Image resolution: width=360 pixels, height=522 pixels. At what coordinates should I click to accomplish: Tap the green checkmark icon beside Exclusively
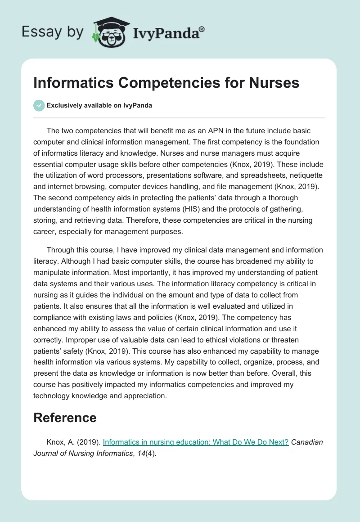39,106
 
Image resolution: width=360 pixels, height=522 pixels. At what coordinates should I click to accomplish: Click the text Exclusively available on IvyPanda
99,106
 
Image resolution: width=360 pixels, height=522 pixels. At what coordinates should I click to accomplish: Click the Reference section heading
65,418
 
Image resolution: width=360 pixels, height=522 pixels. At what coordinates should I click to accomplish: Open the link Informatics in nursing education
196,442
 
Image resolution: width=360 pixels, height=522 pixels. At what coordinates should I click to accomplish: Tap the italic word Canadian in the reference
307,442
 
